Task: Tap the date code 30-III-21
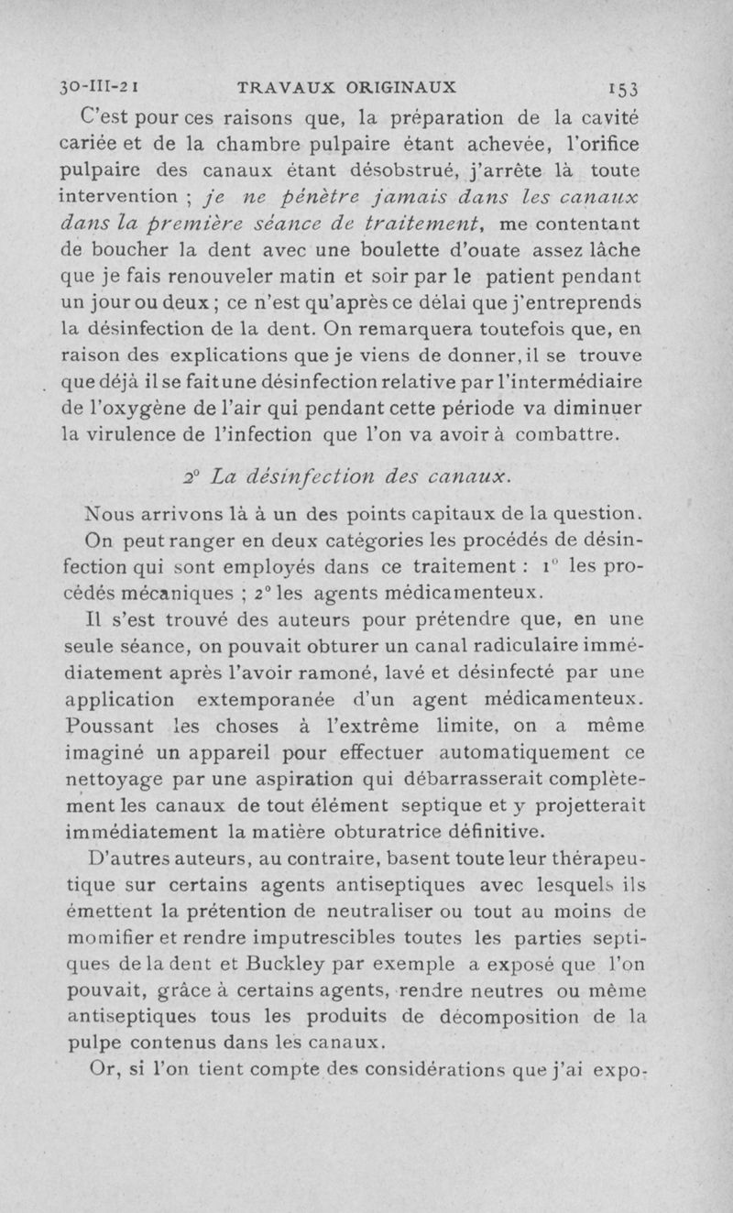tap(97, 88)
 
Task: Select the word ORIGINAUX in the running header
tap(400, 88)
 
